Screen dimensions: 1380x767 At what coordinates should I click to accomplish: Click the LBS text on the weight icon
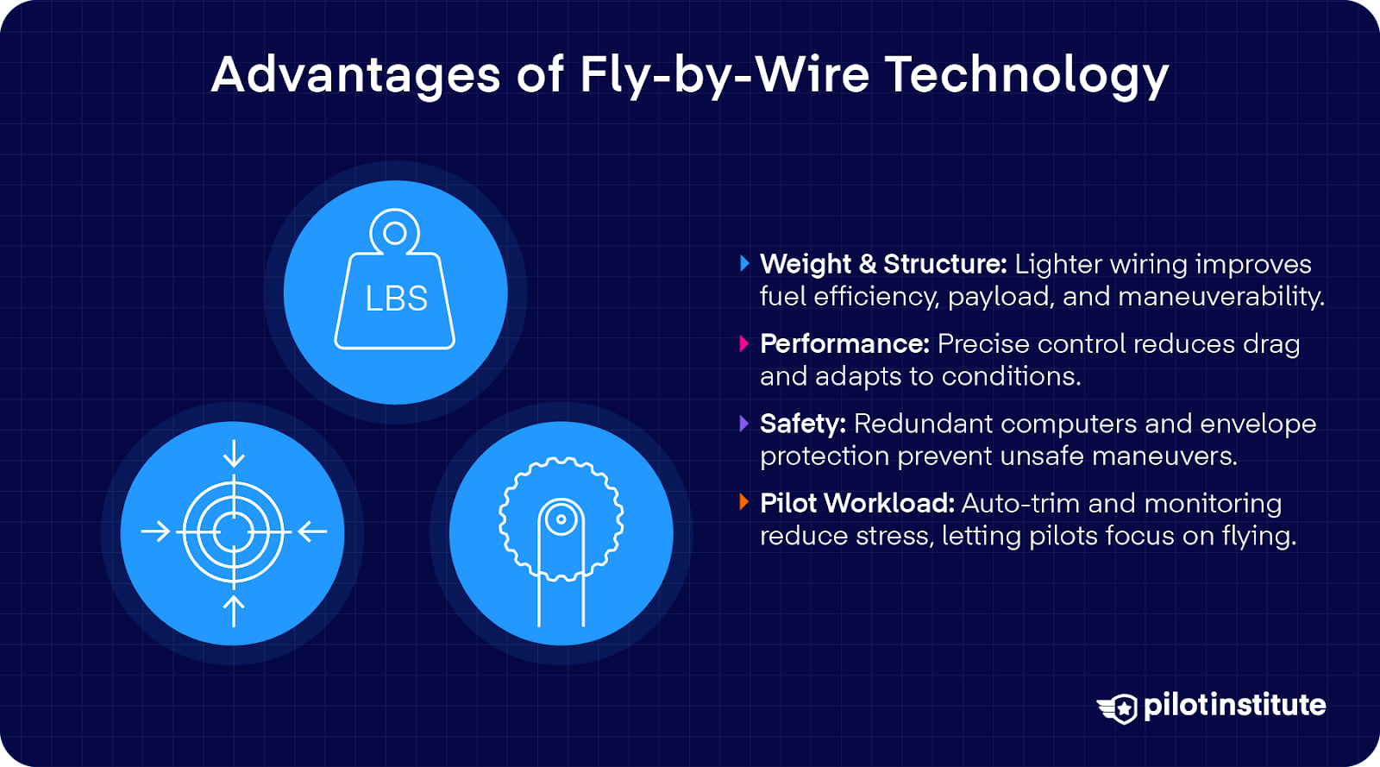point(396,299)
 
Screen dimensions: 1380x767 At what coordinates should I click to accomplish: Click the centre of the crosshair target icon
point(233,531)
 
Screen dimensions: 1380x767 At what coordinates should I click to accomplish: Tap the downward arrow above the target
point(234,454)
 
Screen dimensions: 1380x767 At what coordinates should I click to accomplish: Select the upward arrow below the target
point(234,611)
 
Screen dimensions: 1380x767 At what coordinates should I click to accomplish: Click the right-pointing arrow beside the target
point(155,531)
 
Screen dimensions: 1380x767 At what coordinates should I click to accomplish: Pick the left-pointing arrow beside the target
point(312,531)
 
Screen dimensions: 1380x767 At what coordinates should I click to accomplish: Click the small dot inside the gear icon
point(561,519)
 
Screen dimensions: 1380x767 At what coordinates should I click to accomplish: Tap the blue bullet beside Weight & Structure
point(744,264)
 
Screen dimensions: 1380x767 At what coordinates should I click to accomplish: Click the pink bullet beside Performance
point(744,343)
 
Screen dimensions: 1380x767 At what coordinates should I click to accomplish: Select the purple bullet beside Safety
point(744,424)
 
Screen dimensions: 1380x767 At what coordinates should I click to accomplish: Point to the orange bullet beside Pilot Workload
point(744,503)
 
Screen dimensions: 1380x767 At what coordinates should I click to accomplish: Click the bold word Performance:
point(844,343)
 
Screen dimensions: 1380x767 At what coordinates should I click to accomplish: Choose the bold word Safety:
point(803,424)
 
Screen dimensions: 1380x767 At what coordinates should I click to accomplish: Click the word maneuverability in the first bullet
point(1221,297)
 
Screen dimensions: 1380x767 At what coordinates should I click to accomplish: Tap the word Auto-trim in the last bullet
point(1021,503)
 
